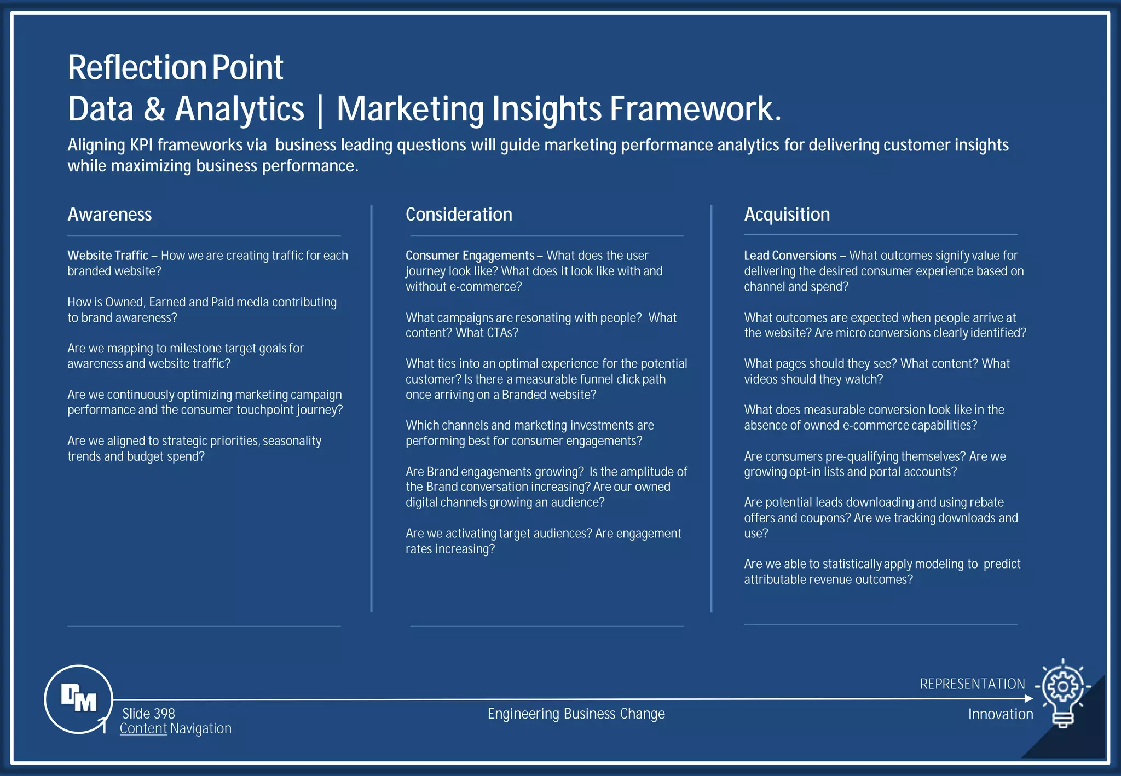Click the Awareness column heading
[x=109, y=215]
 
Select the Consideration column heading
[x=459, y=215]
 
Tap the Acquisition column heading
[x=787, y=215]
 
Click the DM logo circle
[x=78, y=699]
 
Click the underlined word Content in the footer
[x=143, y=728]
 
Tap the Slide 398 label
[x=148, y=714]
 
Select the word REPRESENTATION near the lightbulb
[x=972, y=684]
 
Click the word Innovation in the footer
[x=1001, y=714]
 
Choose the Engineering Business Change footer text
[x=576, y=714]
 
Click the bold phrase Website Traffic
[x=108, y=256]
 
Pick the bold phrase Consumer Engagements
[x=470, y=256]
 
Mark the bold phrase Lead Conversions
[x=790, y=256]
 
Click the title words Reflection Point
[x=175, y=68]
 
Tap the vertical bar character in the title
[x=320, y=109]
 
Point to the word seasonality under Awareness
[x=292, y=441]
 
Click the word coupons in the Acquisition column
[x=828, y=518]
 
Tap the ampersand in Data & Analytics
[x=154, y=109]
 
